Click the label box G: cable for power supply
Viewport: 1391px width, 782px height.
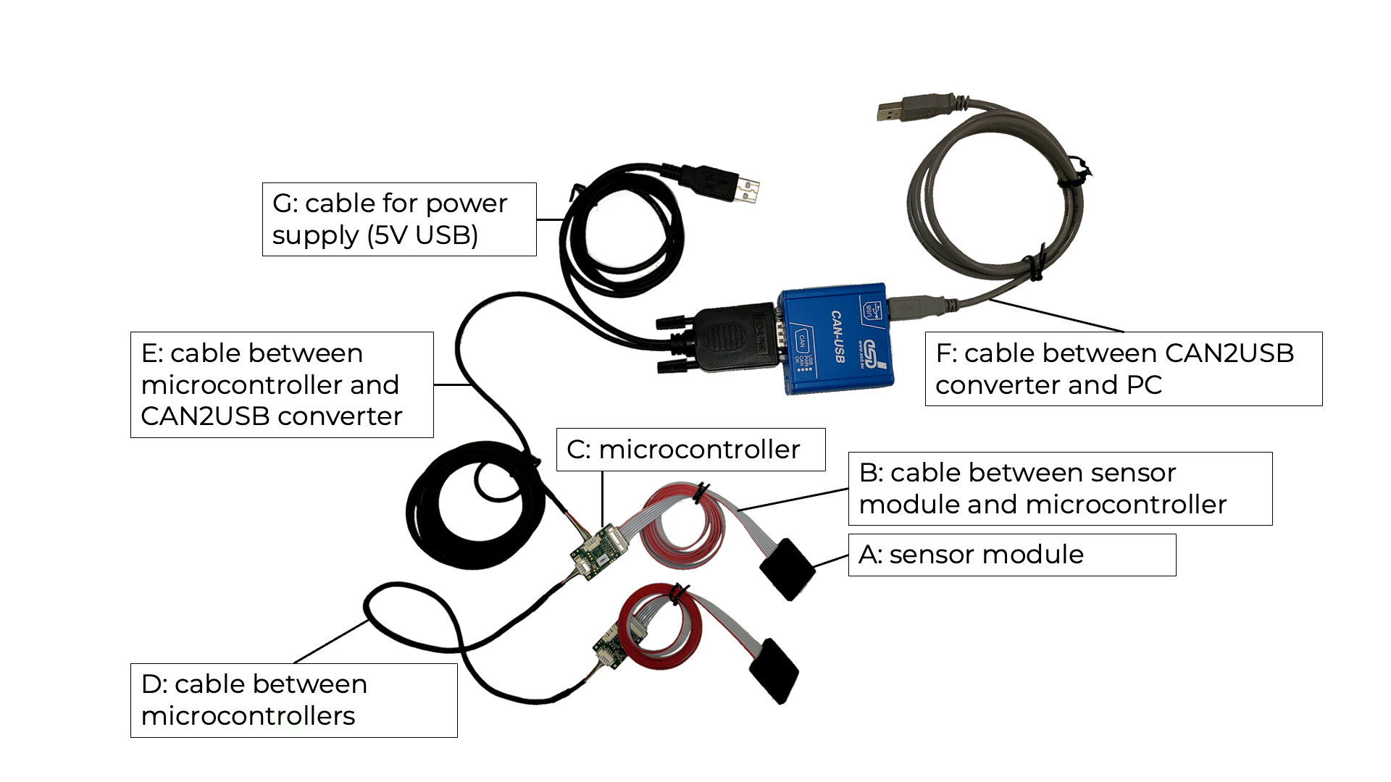(x=398, y=219)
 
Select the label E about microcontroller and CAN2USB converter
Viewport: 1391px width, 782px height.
(x=281, y=384)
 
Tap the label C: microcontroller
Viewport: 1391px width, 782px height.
(x=690, y=450)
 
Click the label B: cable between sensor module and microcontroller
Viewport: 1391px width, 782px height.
(x=1059, y=489)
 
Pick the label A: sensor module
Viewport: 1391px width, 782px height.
(x=1011, y=555)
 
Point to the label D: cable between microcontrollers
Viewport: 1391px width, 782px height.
(x=293, y=700)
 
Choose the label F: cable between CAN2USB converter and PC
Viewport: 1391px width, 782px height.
(x=1123, y=369)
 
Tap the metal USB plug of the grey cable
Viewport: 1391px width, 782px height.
(x=890, y=112)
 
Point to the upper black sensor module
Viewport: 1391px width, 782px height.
(x=788, y=568)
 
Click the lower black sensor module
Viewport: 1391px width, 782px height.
(x=774, y=670)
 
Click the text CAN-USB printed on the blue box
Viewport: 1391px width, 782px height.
(x=837, y=336)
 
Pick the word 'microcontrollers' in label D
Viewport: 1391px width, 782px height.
(x=248, y=716)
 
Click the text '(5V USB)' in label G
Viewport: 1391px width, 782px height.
(x=422, y=235)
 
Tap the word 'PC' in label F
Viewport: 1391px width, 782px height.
(x=1144, y=385)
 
